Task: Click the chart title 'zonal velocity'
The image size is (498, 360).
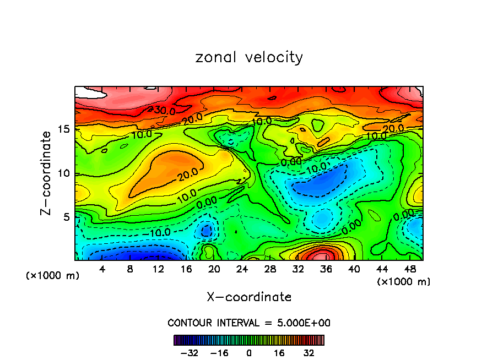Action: (x=249, y=57)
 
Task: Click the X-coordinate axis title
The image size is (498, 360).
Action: (x=249, y=297)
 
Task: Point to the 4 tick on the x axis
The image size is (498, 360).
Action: (x=102, y=269)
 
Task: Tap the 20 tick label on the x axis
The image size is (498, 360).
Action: (x=214, y=269)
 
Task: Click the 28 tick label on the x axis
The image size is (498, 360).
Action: (x=270, y=269)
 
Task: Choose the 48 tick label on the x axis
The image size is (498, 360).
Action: (x=410, y=269)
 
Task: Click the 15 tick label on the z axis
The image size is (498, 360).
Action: (x=64, y=129)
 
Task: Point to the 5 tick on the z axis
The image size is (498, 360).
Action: (x=67, y=217)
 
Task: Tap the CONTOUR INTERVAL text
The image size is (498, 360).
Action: (x=249, y=323)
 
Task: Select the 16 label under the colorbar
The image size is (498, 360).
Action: (x=279, y=353)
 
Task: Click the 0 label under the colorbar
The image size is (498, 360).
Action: (x=249, y=353)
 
